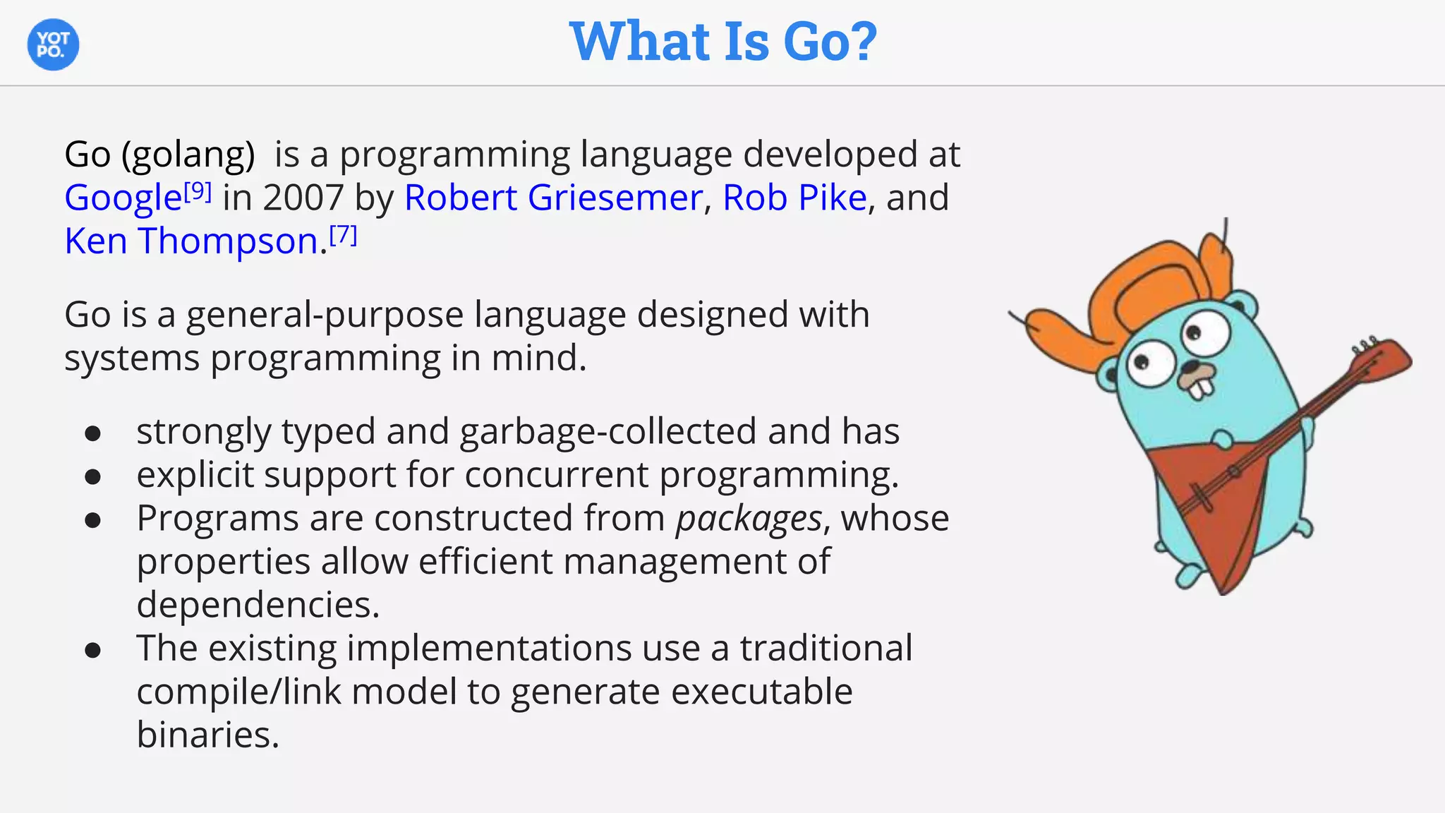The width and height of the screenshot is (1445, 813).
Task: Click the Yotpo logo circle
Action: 53,44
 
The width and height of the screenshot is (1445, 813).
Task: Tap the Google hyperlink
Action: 123,198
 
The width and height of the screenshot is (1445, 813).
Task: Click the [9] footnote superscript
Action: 198,191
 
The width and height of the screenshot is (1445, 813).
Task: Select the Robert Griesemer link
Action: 553,198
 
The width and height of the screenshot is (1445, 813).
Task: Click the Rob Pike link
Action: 794,198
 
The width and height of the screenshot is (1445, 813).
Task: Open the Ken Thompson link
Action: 191,241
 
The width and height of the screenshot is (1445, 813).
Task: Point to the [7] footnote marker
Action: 344,234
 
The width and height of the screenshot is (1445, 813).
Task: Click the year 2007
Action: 303,198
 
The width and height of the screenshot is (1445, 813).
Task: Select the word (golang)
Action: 188,155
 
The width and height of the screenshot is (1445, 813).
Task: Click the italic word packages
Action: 749,519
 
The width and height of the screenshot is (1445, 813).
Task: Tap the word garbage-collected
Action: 608,431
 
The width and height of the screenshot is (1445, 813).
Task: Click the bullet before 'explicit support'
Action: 92,477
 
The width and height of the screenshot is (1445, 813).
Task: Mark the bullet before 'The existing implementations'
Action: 92,651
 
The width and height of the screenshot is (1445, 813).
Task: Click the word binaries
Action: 207,735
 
